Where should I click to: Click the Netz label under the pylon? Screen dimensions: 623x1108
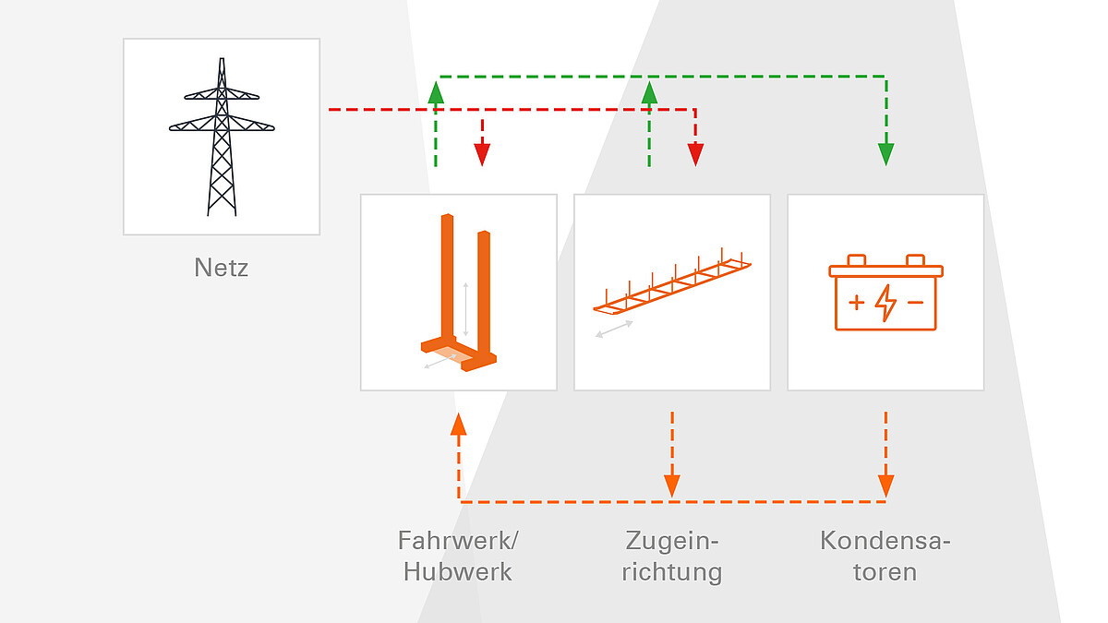point(222,268)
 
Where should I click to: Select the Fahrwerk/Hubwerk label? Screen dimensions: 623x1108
point(458,556)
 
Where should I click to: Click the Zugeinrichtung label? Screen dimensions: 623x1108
point(671,556)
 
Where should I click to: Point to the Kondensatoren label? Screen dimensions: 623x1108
point(885,556)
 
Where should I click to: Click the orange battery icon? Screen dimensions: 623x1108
point(885,293)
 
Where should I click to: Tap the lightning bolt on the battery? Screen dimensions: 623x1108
point(885,303)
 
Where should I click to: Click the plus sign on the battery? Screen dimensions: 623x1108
point(857,302)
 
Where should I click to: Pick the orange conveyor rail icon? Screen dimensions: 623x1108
point(671,281)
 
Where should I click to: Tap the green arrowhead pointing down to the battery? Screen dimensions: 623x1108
point(885,154)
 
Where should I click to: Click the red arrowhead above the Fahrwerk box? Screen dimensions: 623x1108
point(481,154)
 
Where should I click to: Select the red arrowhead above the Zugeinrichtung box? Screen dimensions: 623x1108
point(695,154)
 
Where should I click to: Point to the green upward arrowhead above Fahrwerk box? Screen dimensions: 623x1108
point(436,92)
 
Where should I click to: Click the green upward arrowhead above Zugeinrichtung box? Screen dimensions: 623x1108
point(649,92)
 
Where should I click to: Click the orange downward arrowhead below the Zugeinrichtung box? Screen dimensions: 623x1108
point(671,485)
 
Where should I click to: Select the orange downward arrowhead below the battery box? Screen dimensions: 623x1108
point(885,485)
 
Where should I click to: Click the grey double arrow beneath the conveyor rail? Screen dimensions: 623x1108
point(614,329)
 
